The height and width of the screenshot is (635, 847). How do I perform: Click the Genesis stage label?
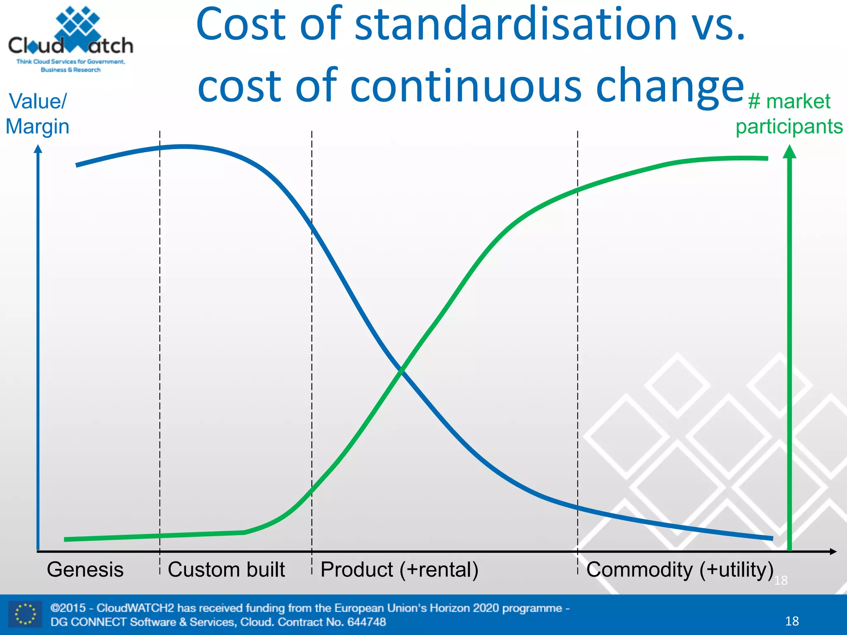pos(85,570)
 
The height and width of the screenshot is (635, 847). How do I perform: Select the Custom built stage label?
pos(226,570)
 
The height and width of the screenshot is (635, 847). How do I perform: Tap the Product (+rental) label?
pos(399,570)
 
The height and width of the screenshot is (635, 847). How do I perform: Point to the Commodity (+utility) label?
pos(680,570)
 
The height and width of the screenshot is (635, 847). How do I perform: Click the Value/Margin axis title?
pos(37,114)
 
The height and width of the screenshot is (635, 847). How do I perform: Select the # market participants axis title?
pos(789,114)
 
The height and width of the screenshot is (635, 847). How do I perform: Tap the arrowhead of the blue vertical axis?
pos(38,149)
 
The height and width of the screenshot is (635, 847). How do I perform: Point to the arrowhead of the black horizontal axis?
pos(833,551)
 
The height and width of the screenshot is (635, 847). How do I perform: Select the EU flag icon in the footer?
pos(25,614)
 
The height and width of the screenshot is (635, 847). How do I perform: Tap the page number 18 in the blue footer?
pos(792,621)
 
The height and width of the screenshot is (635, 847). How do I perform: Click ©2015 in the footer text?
pos(68,608)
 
